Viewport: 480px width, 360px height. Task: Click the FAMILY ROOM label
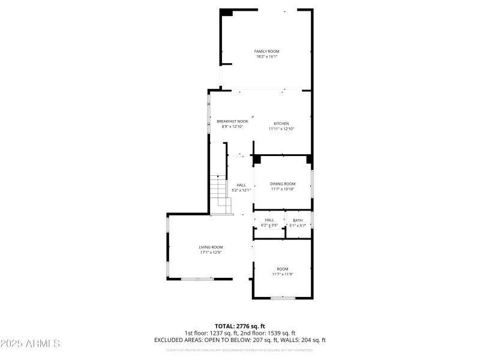[266, 52]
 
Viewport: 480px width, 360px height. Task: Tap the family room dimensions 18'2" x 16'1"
[266, 57]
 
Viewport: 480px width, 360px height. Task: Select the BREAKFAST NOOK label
[232, 121]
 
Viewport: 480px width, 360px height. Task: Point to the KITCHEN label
[281, 124]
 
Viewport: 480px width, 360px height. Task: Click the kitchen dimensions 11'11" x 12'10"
[281, 128]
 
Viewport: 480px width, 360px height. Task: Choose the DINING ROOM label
[283, 184]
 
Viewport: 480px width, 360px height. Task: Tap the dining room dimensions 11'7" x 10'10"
[283, 189]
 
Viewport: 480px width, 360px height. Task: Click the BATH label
[298, 220]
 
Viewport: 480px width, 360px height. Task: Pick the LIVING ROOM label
[211, 247]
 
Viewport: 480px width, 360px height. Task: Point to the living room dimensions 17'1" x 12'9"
[211, 253]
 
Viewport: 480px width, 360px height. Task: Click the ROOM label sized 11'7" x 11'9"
[283, 269]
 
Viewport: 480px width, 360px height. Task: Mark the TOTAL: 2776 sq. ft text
[240, 326]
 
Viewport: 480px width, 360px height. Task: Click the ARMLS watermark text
[30, 344]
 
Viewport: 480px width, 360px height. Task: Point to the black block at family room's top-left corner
[227, 13]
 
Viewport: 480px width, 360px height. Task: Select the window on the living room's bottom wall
[197, 278]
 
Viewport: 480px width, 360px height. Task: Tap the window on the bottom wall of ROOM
[282, 298]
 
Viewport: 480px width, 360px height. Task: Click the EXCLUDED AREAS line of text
[240, 340]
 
